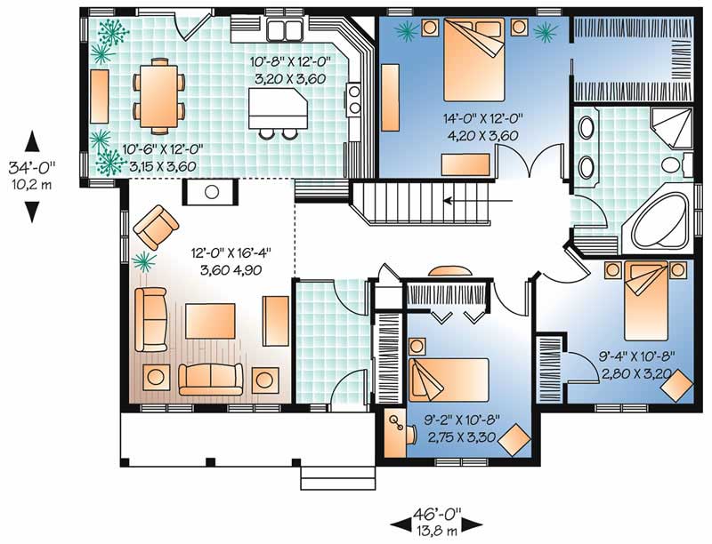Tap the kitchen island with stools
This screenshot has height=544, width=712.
(x=277, y=108)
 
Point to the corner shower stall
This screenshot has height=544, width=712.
(x=667, y=131)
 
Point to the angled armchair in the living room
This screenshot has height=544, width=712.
(x=155, y=227)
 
